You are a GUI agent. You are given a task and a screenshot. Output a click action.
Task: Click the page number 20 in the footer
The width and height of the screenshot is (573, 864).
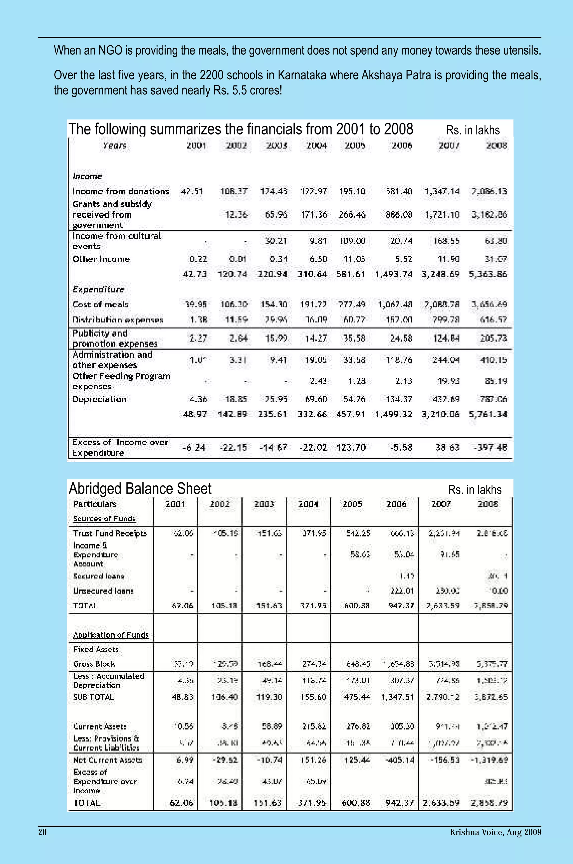coord(43,832)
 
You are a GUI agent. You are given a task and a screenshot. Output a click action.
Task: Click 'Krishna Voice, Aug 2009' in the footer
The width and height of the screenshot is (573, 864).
coord(495,832)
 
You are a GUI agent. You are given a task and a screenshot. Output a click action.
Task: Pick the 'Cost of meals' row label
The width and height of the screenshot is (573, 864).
coord(100,305)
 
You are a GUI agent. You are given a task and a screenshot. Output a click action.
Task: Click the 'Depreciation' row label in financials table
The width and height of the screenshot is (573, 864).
coord(99,399)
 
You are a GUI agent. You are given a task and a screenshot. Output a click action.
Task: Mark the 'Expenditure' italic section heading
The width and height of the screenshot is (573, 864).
coord(98,289)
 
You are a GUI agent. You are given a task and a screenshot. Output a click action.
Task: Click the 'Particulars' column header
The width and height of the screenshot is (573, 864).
coord(94,504)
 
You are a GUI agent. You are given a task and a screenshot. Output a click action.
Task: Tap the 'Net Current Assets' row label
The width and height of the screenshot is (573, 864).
coord(107,760)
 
